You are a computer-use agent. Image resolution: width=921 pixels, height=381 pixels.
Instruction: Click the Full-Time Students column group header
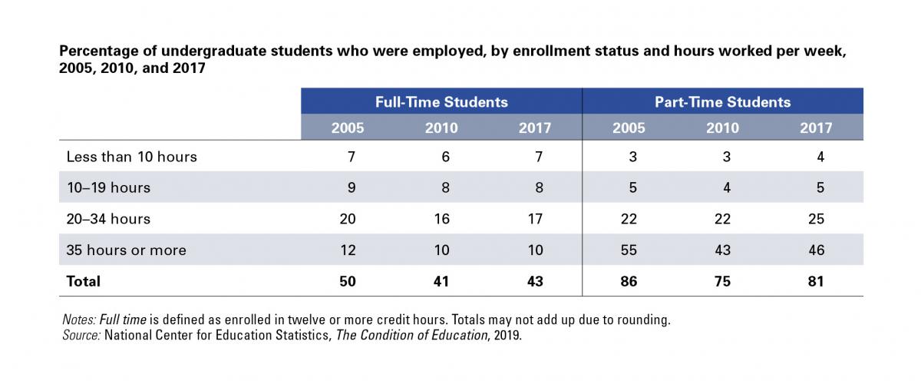pos(441,102)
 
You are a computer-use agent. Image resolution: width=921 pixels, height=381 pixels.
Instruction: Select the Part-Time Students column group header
pos(722,102)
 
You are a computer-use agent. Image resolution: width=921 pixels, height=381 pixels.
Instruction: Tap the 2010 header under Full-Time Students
pos(441,128)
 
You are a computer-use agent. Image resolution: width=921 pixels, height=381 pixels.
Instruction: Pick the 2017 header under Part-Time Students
pos(816,128)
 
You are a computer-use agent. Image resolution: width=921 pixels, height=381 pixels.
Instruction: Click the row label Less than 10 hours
pos(131,157)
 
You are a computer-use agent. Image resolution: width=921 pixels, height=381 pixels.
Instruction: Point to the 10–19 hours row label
pos(108,187)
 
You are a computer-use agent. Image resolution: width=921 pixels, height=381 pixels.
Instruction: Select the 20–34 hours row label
pos(108,219)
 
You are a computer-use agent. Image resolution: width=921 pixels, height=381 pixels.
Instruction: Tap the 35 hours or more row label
pos(126,250)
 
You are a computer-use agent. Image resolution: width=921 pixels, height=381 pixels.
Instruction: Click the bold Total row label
pos(84,281)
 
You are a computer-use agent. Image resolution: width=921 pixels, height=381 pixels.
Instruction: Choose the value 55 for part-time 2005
pos(629,250)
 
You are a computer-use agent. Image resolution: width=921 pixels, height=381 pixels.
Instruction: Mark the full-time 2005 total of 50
pos(348,281)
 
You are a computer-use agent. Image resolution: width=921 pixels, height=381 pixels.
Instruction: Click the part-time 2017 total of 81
pos(816,281)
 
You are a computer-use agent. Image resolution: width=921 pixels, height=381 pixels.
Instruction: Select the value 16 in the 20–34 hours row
pos(441,219)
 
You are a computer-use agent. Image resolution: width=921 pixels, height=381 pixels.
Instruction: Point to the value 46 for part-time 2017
pos(816,250)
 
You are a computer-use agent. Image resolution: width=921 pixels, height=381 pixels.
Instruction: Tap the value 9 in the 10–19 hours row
pos(352,187)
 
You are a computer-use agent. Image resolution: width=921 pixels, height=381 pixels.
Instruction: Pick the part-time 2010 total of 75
pos(722,281)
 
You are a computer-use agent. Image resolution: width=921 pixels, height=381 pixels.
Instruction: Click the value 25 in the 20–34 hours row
pos(816,219)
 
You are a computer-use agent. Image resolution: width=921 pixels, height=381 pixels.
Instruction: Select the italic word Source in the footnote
pos(81,335)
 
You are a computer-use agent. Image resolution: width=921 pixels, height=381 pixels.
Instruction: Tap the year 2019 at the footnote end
pos(508,336)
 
